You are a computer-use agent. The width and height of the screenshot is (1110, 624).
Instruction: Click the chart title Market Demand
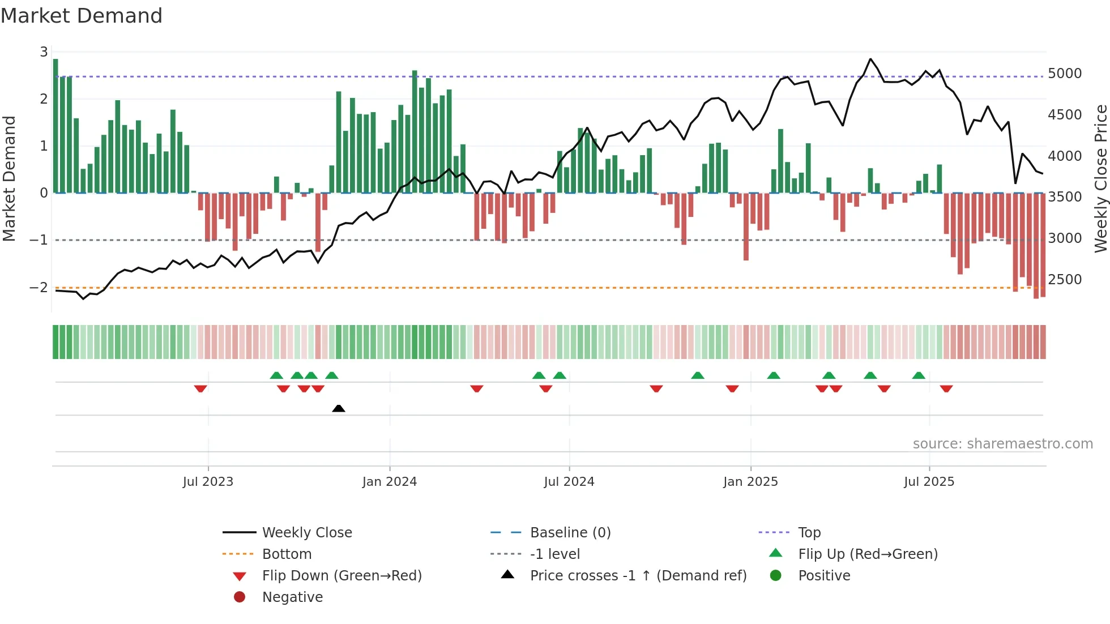click(82, 16)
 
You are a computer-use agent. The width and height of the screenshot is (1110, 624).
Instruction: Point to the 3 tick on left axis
click(44, 52)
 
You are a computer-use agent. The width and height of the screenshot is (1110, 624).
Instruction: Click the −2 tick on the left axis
click(39, 288)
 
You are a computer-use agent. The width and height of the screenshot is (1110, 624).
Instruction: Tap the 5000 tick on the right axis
click(1065, 74)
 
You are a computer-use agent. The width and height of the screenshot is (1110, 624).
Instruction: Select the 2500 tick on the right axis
click(1065, 280)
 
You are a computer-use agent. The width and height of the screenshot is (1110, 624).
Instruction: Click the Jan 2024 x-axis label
click(390, 482)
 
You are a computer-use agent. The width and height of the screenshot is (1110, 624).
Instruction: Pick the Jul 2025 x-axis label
click(929, 482)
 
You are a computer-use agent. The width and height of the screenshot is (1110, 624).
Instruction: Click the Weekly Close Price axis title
click(1100, 178)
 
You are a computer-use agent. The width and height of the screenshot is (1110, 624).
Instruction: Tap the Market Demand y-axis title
click(10, 178)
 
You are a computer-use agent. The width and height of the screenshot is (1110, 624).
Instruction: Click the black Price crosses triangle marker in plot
click(339, 408)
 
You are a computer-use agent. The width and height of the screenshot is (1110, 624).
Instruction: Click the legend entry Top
click(809, 533)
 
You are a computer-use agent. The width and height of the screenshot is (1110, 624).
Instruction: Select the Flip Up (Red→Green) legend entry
click(868, 554)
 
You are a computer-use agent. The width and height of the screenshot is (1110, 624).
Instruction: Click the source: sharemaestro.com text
click(1003, 444)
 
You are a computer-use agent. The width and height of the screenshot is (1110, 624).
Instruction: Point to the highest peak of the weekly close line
click(870, 59)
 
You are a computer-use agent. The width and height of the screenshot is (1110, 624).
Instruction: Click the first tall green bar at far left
click(55, 126)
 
